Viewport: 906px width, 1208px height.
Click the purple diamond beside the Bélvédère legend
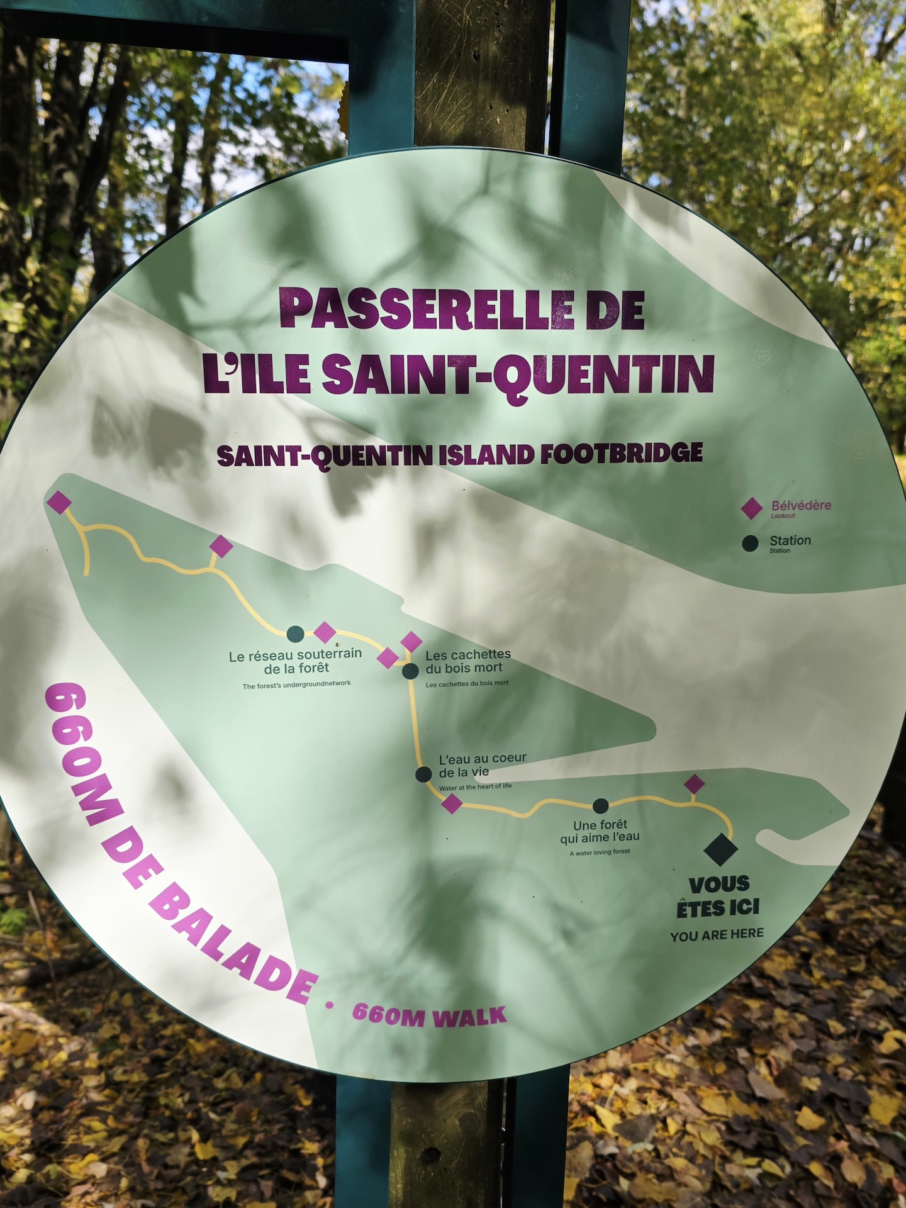click(x=751, y=508)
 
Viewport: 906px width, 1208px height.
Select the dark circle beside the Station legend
click(x=750, y=544)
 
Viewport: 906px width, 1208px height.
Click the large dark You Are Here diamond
click(x=720, y=849)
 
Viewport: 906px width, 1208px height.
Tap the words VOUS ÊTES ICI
click(x=719, y=896)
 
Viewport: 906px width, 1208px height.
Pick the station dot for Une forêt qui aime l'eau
click(x=601, y=805)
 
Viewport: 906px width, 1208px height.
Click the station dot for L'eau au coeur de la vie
click(x=423, y=774)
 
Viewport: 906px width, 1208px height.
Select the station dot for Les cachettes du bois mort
click(x=410, y=671)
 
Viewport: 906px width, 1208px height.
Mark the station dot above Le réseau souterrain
click(x=295, y=634)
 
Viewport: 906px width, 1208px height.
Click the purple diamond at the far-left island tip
click(x=59, y=502)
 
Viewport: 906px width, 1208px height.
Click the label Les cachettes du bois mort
click(x=467, y=661)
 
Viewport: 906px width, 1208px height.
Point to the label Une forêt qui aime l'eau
click(x=600, y=831)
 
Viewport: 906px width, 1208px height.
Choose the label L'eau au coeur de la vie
click(x=482, y=765)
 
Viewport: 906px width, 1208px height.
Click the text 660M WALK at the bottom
click(x=429, y=1015)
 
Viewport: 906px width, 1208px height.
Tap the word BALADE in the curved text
click(x=233, y=944)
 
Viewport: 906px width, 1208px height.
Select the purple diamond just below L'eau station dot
click(x=452, y=803)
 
